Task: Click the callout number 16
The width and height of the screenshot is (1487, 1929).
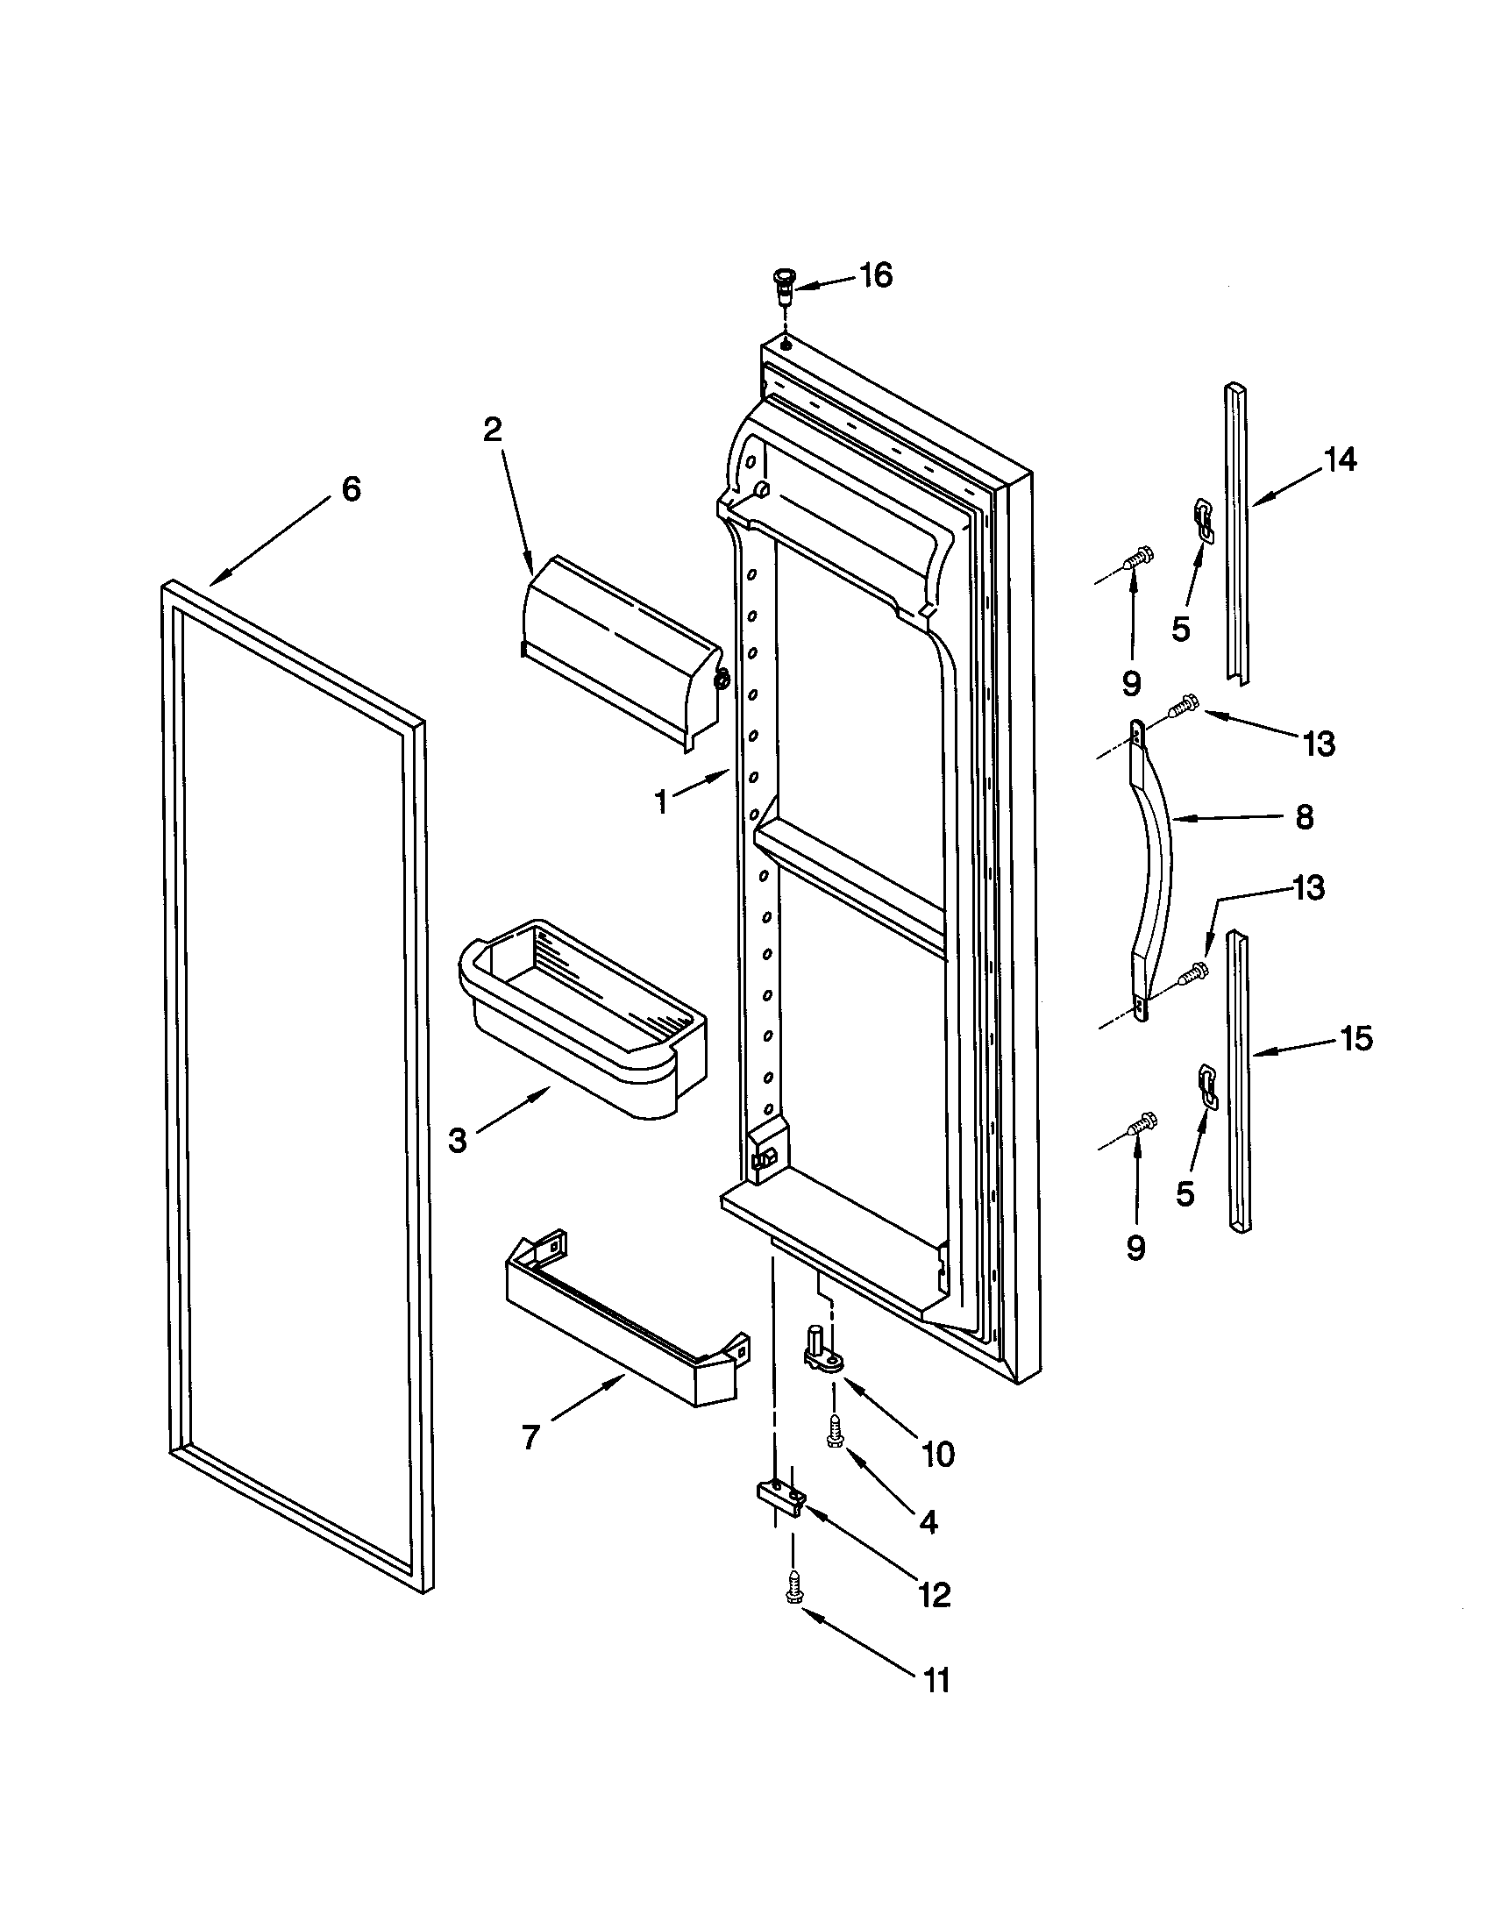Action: (876, 275)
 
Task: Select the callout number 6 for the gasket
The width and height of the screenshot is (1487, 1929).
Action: (352, 488)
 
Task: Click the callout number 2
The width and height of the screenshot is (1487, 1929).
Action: (492, 431)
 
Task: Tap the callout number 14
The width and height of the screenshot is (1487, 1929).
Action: (1340, 459)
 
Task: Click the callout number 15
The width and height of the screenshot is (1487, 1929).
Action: (1355, 1040)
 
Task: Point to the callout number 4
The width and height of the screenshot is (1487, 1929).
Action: (928, 1521)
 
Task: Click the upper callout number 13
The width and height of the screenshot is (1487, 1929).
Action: (1320, 744)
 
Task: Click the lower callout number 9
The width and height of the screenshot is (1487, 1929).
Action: (1135, 1247)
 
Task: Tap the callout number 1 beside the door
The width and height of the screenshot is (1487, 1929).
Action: (660, 802)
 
